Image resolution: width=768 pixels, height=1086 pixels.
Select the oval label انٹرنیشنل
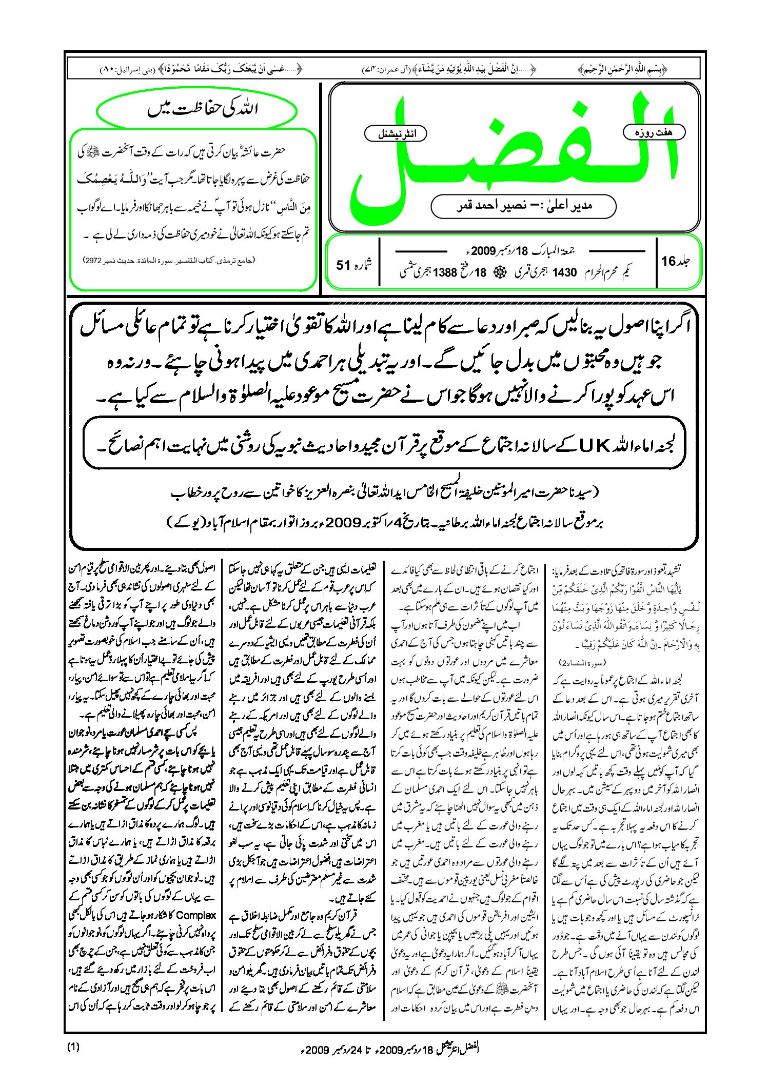pyautogui.click(x=396, y=134)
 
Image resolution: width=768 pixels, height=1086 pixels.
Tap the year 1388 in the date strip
pyautogui.click(x=445, y=273)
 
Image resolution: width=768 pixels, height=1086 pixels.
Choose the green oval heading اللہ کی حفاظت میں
pyautogui.click(x=197, y=109)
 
